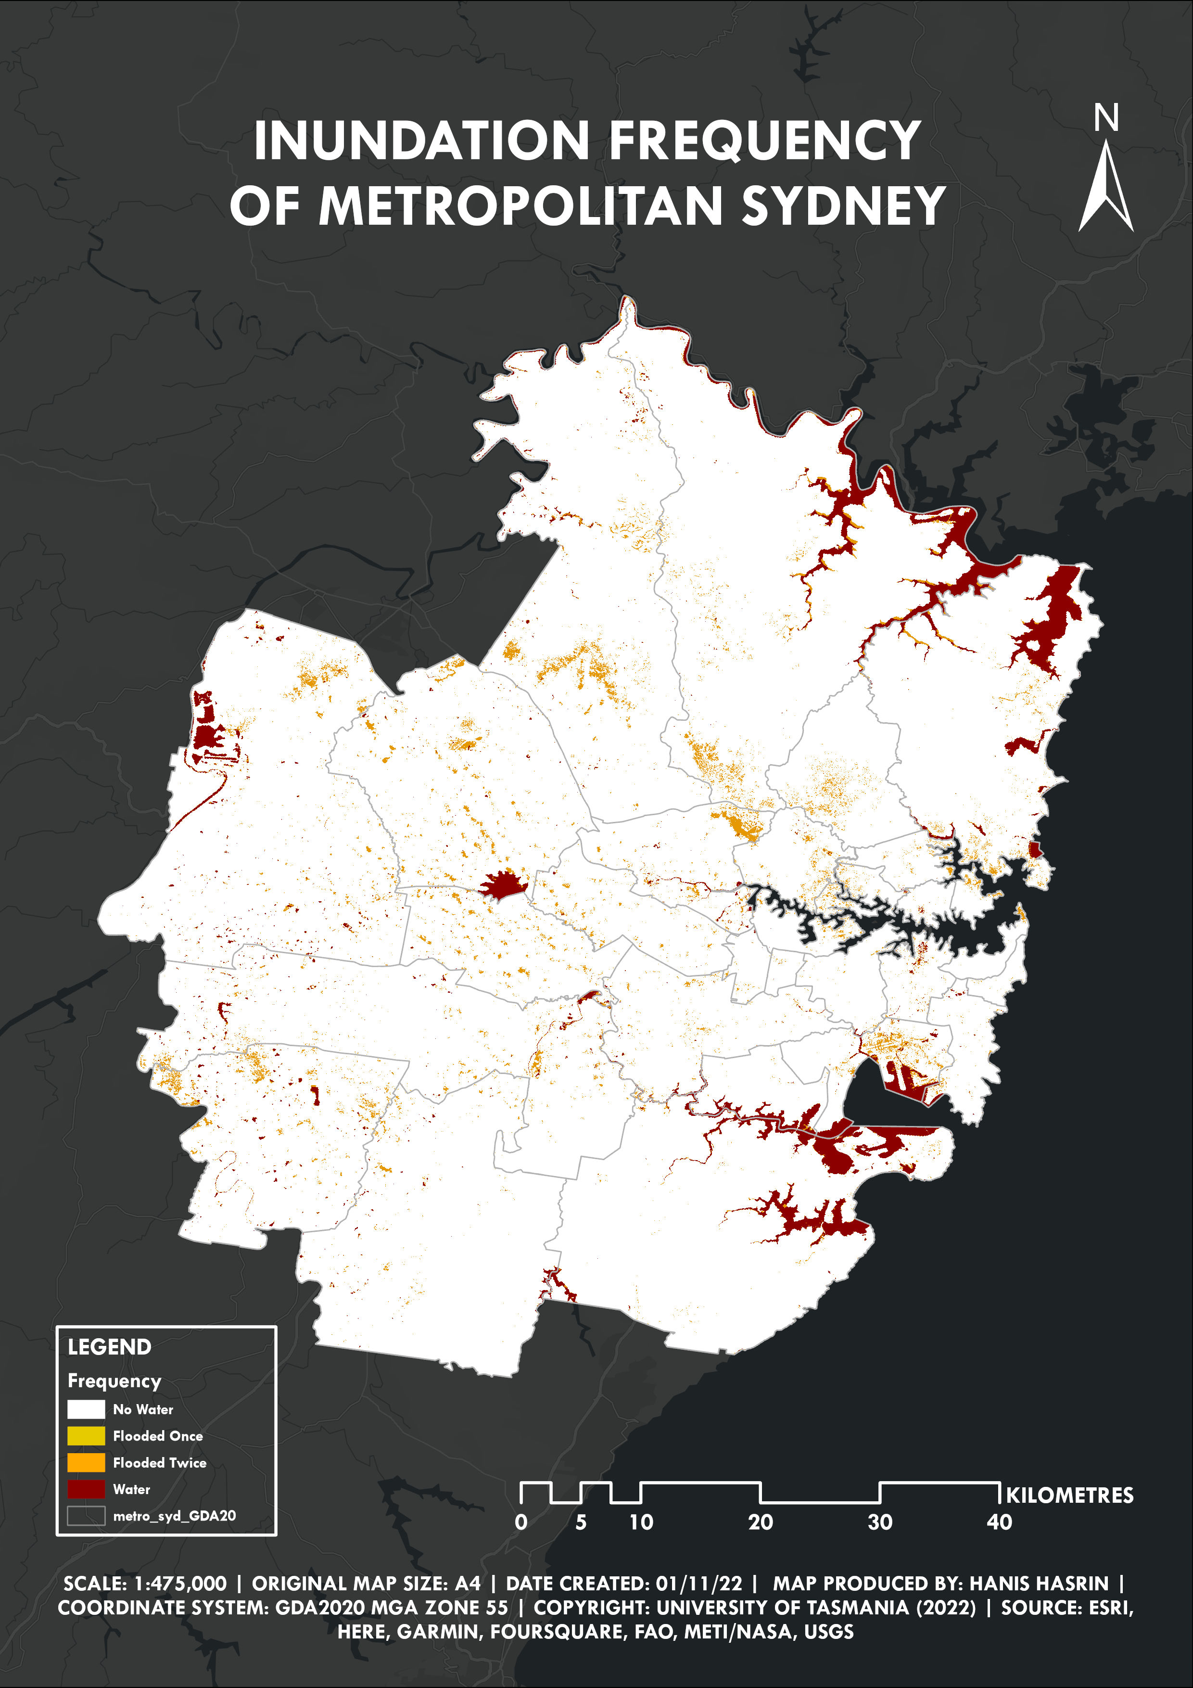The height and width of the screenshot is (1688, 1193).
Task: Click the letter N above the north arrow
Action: pos(1105,117)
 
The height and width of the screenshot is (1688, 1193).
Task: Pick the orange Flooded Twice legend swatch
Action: pos(86,1462)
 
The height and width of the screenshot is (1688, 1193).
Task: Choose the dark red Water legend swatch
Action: pos(86,1489)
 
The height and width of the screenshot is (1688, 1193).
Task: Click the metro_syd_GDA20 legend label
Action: pos(174,1515)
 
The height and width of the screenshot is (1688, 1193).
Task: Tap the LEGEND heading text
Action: pos(110,1347)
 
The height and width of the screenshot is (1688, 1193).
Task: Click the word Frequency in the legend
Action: pos(114,1381)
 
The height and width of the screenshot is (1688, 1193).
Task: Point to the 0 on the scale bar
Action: pos(520,1522)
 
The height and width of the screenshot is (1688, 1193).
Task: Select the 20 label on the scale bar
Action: pos(760,1522)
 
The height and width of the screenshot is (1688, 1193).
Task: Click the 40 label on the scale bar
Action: pos(999,1522)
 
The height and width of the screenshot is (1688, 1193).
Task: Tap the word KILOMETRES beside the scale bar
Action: pos(1069,1496)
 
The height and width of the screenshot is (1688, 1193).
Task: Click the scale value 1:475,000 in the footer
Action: pos(180,1583)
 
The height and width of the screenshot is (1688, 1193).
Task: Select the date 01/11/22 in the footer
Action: pos(698,1583)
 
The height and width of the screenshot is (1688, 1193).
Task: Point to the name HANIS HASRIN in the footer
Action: pos(1039,1583)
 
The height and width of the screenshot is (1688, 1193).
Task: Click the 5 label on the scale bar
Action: pos(581,1522)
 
